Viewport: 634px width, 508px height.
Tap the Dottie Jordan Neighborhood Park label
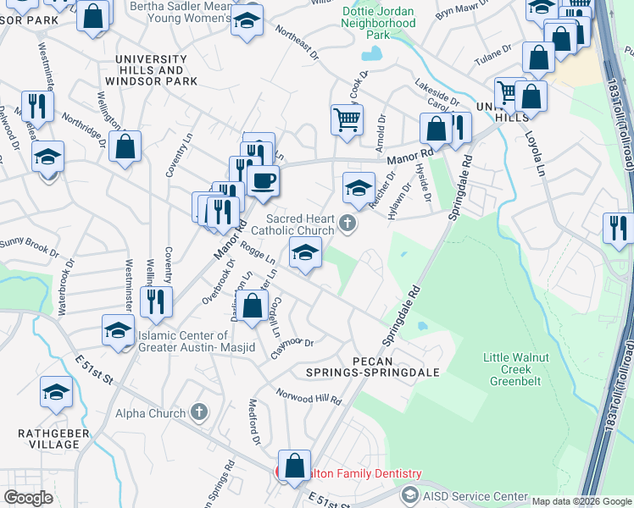click(x=379, y=23)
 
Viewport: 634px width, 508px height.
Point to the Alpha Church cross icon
click(x=199, y=412)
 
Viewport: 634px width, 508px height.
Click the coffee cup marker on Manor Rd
click(x=263, y=180)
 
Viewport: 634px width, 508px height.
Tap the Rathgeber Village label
click(x=49, y=439)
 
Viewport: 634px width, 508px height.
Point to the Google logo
click(x=29, y=497)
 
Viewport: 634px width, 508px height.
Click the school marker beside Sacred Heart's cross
click(x=359, y=187)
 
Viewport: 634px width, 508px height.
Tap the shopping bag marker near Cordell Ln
click(x=253, y=306)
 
